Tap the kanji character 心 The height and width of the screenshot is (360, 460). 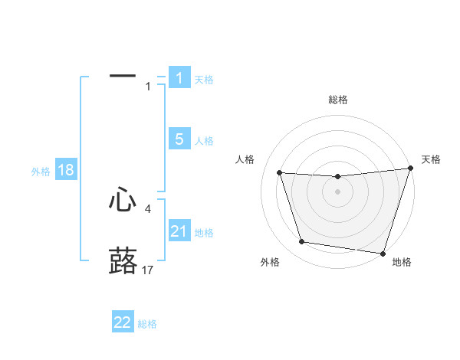coord(123,200)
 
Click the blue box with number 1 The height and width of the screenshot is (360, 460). coord(179,78)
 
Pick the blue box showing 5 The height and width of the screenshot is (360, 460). coord(179,139)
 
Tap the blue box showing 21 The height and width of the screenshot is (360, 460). coord(179,231)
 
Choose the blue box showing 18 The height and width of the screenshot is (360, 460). coord(66,170)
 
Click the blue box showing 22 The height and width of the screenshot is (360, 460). coord(123,322)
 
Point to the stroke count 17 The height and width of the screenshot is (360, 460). coord(148,270)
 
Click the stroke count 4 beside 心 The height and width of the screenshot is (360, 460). coord(147,208)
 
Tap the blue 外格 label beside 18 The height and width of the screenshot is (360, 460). coord(41,172)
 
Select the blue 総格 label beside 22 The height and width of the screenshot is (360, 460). coord(147,324)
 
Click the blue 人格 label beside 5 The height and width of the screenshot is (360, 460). coord(204,141)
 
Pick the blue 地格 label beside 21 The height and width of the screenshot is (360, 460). coord(204,233)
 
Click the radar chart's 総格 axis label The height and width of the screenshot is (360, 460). coord(338,100)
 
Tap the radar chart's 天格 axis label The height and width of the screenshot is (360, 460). coord(431,159)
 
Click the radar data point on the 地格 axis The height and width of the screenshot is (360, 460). coord(382,252)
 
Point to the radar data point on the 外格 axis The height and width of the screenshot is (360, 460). coord(302,242)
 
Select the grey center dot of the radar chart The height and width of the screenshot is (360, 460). coord(337,191)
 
